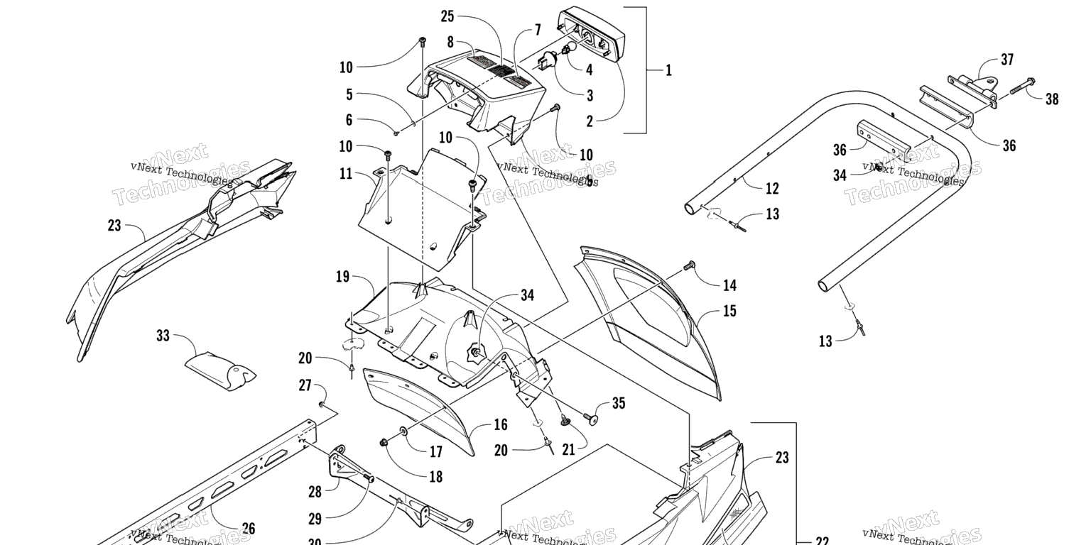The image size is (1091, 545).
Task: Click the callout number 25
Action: click(447, 16)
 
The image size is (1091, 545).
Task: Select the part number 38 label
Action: click(1052, 99)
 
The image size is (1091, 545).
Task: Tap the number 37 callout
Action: click(1007, 60)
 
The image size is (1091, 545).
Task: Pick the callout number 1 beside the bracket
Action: click(668, 70)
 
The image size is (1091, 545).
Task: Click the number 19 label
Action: click(342, 276)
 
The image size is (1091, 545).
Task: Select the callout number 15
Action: click(729, 311)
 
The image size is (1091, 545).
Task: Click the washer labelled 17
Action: click(404, 431)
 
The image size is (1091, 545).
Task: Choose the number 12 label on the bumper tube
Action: click(772, 188)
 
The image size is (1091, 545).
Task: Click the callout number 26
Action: click(248, 528)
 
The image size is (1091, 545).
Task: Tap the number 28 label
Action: click(315, 491)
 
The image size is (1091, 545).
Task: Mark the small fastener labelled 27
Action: click(321, 404)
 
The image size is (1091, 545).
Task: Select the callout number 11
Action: click(346, 172)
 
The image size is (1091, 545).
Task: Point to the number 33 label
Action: click(163, 334)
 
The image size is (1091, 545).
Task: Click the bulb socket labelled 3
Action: click(546, 60)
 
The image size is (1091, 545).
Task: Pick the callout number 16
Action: click(501, 424)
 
